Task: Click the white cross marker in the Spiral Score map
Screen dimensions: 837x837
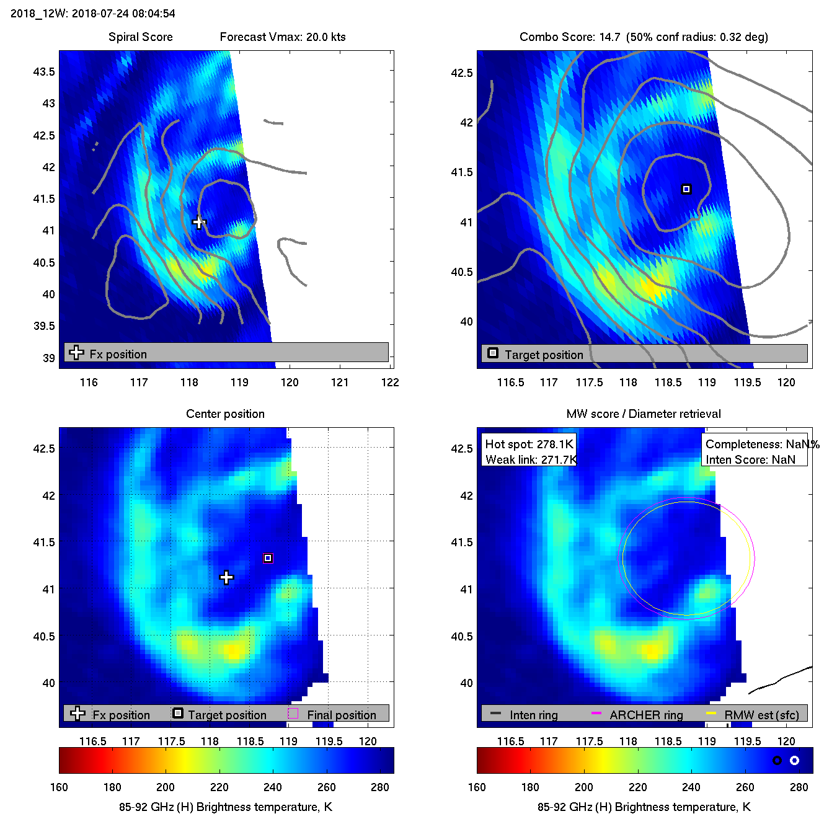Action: [x=198, y=222]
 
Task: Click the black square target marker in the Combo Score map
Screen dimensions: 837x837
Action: [x=686, y=189]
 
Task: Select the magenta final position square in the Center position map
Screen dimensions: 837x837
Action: [x=268, y=558]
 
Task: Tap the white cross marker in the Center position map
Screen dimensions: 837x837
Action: [x=226, y=578]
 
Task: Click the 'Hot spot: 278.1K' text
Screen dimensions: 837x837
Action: [x=529, y=444]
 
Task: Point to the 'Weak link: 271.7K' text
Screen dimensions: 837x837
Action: [x=531, y=459]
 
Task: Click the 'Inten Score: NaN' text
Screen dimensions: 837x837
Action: [x=750, y=459]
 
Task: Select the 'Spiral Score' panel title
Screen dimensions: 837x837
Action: [x=140, y=37]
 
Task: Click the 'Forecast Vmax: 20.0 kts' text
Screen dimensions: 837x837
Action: [x=283, y=37]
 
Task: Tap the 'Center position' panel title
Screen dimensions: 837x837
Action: [x=225, y=414]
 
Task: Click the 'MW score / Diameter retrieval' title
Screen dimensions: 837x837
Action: [x=644, y=414]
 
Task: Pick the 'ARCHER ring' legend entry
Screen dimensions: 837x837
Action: [x=646, y=715]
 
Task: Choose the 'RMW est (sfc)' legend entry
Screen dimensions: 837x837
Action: [x=761, y=715]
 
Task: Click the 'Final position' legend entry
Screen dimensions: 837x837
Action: [x=341, y=715]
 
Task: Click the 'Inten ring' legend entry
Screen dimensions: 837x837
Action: [x=533, y=715]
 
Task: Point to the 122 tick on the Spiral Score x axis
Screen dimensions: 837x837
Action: [x=390, y=382]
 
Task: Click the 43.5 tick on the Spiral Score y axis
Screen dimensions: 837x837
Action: [x=44, y=72]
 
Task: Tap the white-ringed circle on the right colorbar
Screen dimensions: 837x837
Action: [x=794, y=760]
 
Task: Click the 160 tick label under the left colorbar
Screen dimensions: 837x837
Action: [x=59, y=787]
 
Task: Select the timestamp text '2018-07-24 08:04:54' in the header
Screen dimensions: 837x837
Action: [x=123, y=13]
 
